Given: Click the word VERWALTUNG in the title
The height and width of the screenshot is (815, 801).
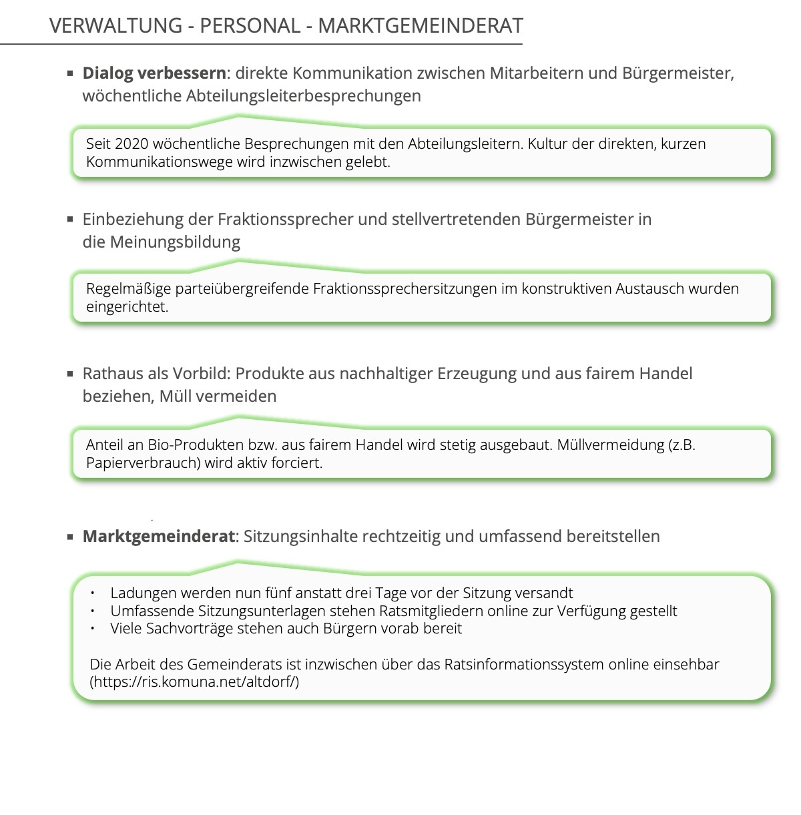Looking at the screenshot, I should [115, 26].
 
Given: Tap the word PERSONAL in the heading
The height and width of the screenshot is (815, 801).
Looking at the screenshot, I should [250, 26].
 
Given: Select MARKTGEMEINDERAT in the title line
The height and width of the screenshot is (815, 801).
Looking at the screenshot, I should [421, 26].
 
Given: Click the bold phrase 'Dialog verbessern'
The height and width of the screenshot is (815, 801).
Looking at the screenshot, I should [154, 73].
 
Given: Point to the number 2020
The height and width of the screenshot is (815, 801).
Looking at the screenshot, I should [131, 144].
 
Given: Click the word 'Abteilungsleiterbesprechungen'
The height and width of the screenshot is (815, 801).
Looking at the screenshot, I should [304, 96].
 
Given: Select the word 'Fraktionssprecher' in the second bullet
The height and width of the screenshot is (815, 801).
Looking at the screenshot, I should [285, 220].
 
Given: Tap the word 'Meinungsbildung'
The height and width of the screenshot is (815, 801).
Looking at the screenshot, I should [175, 242].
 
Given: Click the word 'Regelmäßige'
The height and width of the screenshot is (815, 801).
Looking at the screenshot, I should [128, 289].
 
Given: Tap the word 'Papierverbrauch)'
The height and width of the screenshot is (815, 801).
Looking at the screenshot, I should [144, 463].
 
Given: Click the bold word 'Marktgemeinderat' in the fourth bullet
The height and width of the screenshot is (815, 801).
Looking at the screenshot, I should [159, 537].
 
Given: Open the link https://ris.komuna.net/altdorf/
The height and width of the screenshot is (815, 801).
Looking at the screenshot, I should [195, 682].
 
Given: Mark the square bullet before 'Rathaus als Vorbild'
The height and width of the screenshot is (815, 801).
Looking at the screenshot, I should [70, 374].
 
